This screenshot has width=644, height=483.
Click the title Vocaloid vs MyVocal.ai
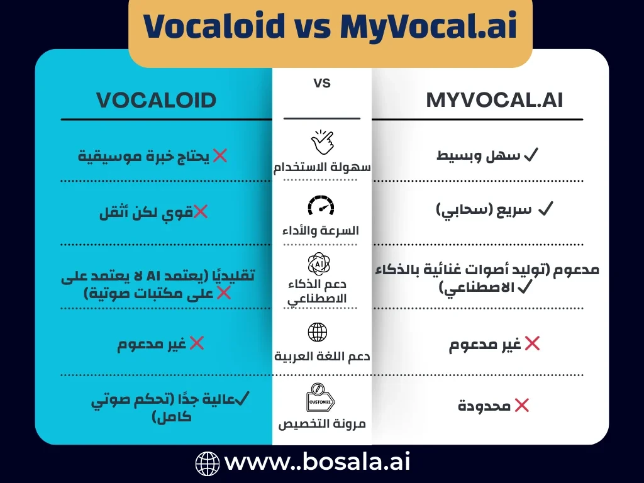tap(330, 26)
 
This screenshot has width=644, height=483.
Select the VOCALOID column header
tap(156, 100)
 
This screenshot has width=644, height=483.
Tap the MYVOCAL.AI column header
tap(494, 100)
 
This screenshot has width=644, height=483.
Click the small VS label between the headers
tap(321, 82)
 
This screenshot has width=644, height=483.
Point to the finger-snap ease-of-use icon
tap(322, 142)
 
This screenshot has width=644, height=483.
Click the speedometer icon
tap(321, 206)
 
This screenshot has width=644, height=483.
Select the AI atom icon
tap(321, 263)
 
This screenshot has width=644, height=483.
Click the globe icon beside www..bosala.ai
tap(208, 464)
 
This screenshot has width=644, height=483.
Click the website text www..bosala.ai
tap(318, 463)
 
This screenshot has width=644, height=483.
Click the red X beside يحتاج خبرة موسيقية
tap(219, 155)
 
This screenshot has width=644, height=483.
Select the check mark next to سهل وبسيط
tap(530, 155)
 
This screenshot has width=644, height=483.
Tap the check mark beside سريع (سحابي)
tap(545, 209)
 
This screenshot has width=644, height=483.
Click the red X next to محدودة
tap(521, 406)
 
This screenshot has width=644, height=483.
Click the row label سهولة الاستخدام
tap(321, 168)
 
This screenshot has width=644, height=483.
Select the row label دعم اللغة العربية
tap(321, 356)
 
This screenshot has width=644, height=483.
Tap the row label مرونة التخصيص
tap(321, 423)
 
